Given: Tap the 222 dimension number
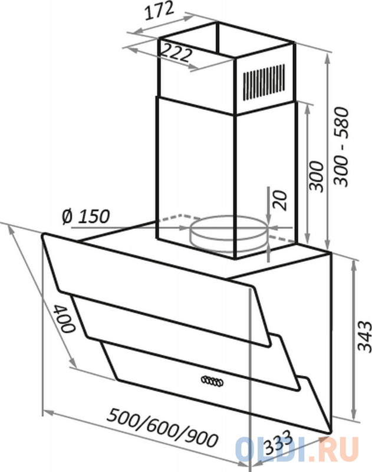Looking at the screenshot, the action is [176, 53].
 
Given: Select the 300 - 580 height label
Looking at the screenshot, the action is [342, 146].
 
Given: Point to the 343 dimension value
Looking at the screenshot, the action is [364, 336].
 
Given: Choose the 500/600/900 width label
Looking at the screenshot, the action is [163, 427].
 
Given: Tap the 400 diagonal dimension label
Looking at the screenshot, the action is [64, 319].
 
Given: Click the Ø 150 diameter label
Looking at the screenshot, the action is [85, 217].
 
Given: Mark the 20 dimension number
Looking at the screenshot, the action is [280, 201].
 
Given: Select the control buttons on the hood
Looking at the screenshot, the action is [212, 381].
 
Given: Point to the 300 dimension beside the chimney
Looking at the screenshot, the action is [317, 176].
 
